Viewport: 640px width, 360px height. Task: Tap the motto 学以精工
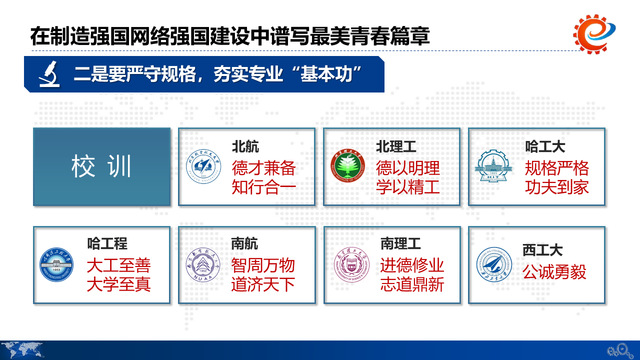[x=410, y=186]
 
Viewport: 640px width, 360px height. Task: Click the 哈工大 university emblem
[x=493, y=168]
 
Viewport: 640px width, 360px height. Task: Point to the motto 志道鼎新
[x=410, y=284]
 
